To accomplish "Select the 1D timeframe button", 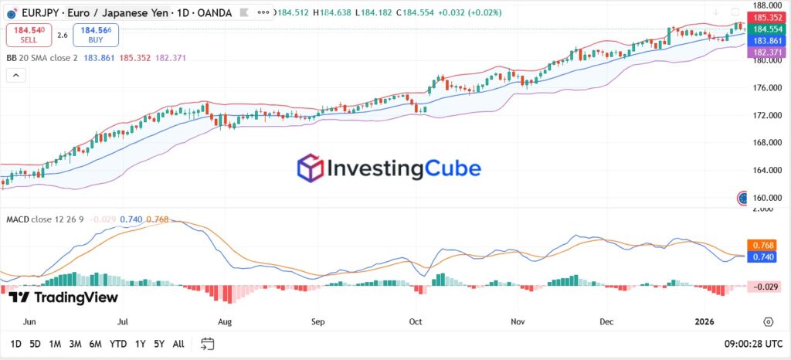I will pos(15,343).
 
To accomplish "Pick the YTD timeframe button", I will pos(118,343).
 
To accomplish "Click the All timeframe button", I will pos(178,343).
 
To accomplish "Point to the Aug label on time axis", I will pos(226,321).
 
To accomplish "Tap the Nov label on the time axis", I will pos(518,321).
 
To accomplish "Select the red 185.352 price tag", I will pos(766,16).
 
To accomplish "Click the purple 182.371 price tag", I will pos(766,51).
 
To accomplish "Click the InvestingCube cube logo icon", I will pos(311,168).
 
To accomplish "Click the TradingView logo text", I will pos(64,297).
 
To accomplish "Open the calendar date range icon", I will pos(207,343).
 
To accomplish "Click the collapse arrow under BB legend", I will pos(15,75).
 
